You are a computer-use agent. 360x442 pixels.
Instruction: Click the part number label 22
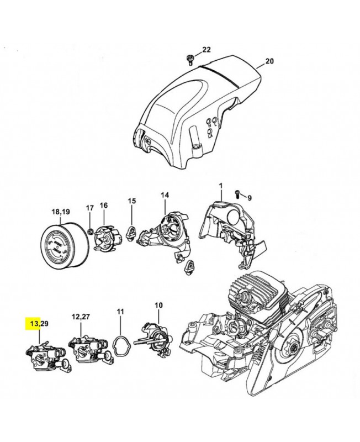click(x=206, y=50)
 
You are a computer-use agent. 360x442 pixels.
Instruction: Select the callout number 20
click(x=269, y=61)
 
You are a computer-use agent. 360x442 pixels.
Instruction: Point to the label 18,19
click(x=61, y=212)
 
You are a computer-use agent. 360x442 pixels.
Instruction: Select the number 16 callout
click(x=103, y=205)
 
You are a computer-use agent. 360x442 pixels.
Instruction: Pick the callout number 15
click(x=131, y=201)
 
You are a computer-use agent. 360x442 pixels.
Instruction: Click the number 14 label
click(x=165, y=195)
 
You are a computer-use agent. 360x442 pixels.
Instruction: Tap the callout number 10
click(x=158, y=304)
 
